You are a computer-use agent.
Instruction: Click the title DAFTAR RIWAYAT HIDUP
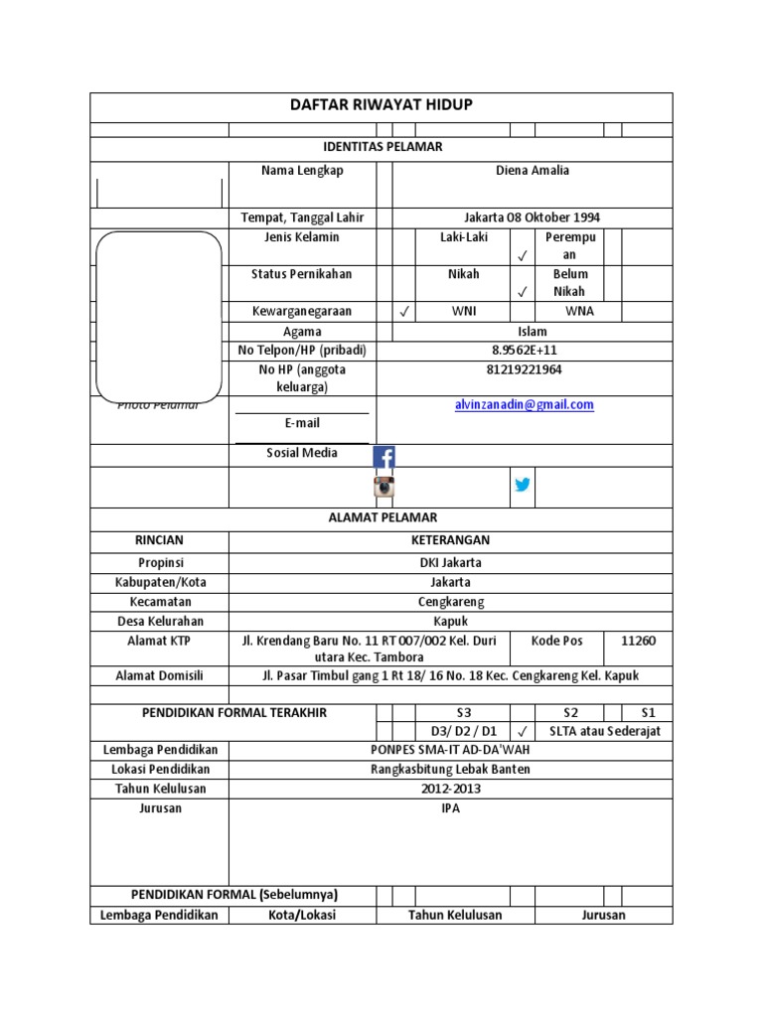click(381, 105)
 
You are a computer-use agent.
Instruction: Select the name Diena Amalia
click(533, 171)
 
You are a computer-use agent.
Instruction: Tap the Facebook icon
click(383, 457)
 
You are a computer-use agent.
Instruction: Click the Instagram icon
click(383, 487)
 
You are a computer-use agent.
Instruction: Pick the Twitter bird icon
click(523, 486)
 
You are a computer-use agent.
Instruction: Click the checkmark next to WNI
click(403, 312)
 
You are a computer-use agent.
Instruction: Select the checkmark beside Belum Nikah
click(523, 292)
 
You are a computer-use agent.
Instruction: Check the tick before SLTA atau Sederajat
click(523, 732)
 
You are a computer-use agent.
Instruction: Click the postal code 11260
click(638, 641)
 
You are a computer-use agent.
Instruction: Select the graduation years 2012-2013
click(450, 789)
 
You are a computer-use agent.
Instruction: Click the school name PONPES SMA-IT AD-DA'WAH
click(450, 750)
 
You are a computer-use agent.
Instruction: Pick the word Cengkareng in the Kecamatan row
click(450, 602)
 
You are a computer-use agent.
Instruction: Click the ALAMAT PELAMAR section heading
click(382, 517)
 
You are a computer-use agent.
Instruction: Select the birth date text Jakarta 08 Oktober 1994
click(532, 218)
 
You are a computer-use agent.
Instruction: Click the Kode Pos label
click(557, 641)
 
